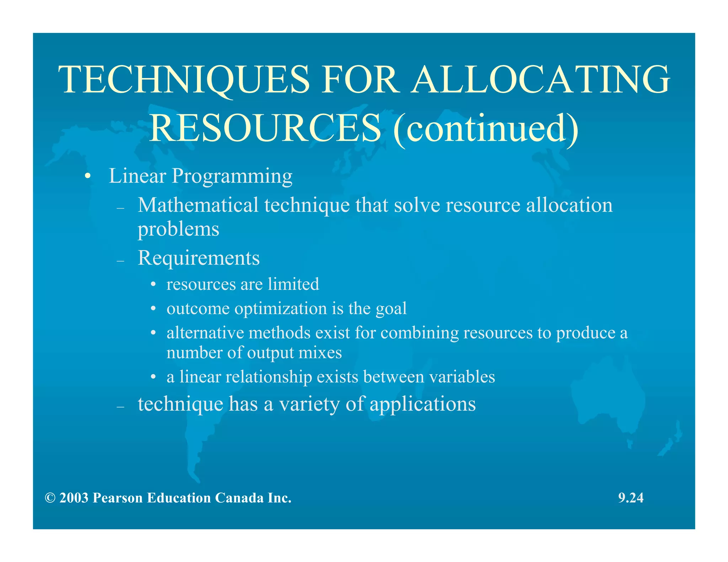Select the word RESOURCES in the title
pos(265,128)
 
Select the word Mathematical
pos(198,205)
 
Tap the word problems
pos(178,229)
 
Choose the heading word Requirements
pos(199,258)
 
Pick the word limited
pos(294,284)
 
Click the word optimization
pos(281,309)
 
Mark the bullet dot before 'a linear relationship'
pos(153,377)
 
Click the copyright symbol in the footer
pos(50,498)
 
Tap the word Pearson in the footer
pos(118,498)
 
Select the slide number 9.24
pos(631,498)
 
